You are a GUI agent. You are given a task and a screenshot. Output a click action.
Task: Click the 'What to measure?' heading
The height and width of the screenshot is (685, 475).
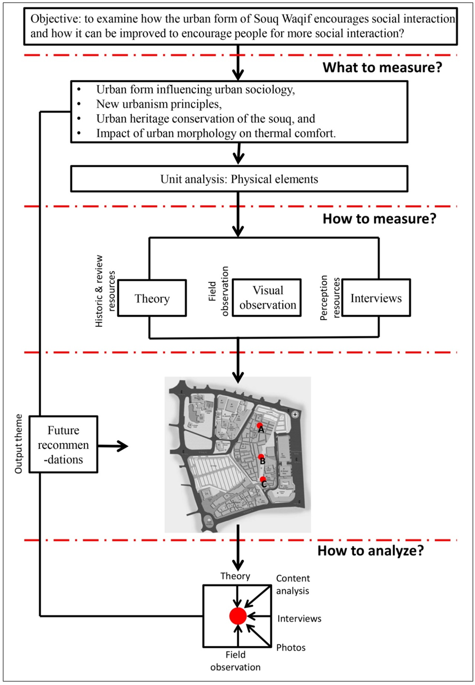coord(383,68)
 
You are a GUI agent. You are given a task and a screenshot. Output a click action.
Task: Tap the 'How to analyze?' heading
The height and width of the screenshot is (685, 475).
coord(370,551)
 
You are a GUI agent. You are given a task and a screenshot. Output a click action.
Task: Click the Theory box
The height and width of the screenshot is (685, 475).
coord(152,299)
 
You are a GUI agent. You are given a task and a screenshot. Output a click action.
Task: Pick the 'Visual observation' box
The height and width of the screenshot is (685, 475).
coord(267,298)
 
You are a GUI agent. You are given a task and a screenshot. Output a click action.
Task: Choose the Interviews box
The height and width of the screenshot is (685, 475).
coord(376,298)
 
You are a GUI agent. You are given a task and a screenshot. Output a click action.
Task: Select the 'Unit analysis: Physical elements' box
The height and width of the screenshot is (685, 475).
coord(239,179)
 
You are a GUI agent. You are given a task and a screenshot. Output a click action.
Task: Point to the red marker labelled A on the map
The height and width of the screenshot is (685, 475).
coord(259,426)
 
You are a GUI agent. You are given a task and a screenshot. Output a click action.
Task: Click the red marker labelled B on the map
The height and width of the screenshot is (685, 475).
coord(261,457)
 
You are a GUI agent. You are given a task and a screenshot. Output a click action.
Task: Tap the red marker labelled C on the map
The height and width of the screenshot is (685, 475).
coord(263,479)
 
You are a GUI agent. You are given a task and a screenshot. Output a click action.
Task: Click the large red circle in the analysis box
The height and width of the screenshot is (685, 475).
coord(238,615)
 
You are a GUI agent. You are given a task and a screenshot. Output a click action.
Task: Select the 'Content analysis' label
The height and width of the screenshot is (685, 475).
coord(293,583)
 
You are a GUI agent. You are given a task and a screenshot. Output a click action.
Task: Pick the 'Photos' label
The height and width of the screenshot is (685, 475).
coord(291,647)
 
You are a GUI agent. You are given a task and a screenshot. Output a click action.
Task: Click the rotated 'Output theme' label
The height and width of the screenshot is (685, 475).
coord(20,444)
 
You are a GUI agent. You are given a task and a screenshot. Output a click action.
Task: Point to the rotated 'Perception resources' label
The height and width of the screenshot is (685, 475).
coord(329,298)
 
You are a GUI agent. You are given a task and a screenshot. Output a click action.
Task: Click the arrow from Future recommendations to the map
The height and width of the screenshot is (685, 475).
coord(114,446)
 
